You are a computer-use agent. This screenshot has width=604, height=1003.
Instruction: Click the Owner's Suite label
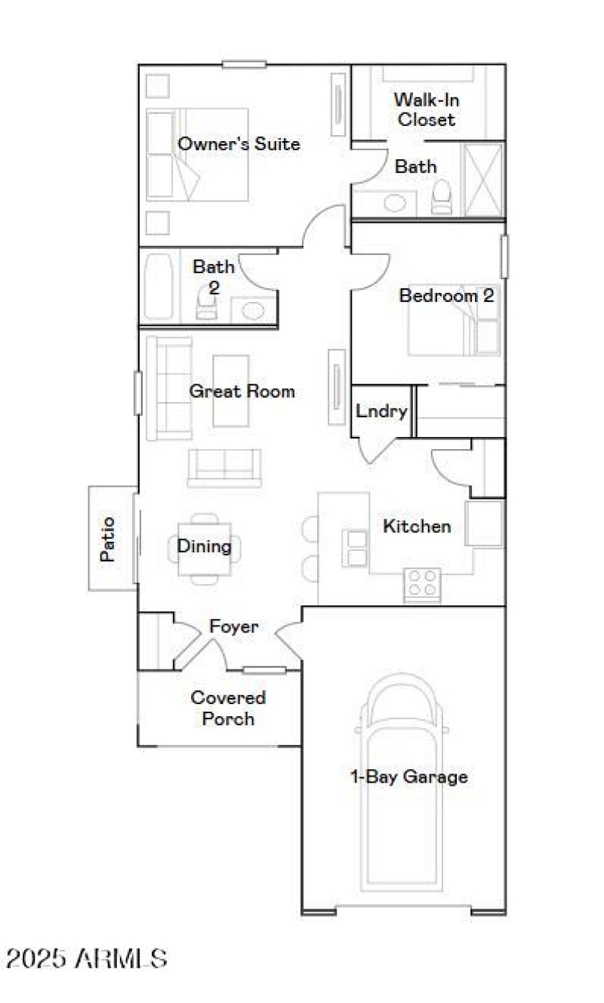(239, 143)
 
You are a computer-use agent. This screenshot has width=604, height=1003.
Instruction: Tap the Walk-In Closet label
(427, 109)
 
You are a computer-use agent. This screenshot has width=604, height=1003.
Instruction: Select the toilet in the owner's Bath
(441, 198)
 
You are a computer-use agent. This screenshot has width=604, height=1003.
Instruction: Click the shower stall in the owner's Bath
(482, 180)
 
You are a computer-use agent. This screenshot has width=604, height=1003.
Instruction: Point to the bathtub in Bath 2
(159, 288)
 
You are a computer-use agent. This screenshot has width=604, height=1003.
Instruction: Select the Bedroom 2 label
(446, 295)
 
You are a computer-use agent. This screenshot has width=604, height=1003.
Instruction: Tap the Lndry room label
(381, 411)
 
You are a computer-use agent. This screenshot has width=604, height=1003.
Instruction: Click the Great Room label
(242, 391)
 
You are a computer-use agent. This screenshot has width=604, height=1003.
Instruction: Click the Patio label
(109, 538)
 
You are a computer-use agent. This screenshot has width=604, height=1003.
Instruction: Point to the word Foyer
(234, 626)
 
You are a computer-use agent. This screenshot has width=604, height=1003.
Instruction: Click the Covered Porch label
(228, 708)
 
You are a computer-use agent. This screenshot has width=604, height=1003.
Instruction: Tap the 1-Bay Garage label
(409, 777)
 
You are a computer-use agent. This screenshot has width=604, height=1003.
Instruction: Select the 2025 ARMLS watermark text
(86, 958)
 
